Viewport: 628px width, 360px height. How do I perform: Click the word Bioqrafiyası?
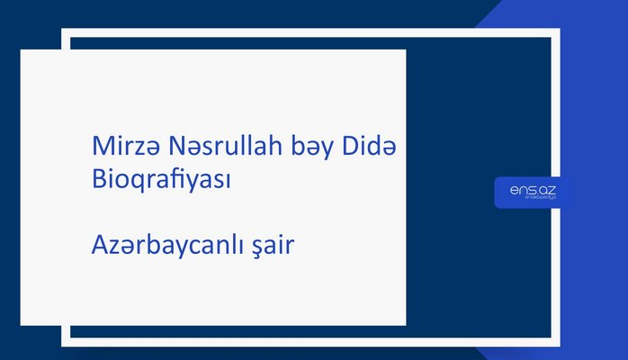point(162,179)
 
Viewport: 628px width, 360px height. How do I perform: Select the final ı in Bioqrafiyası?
point(229,179)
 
